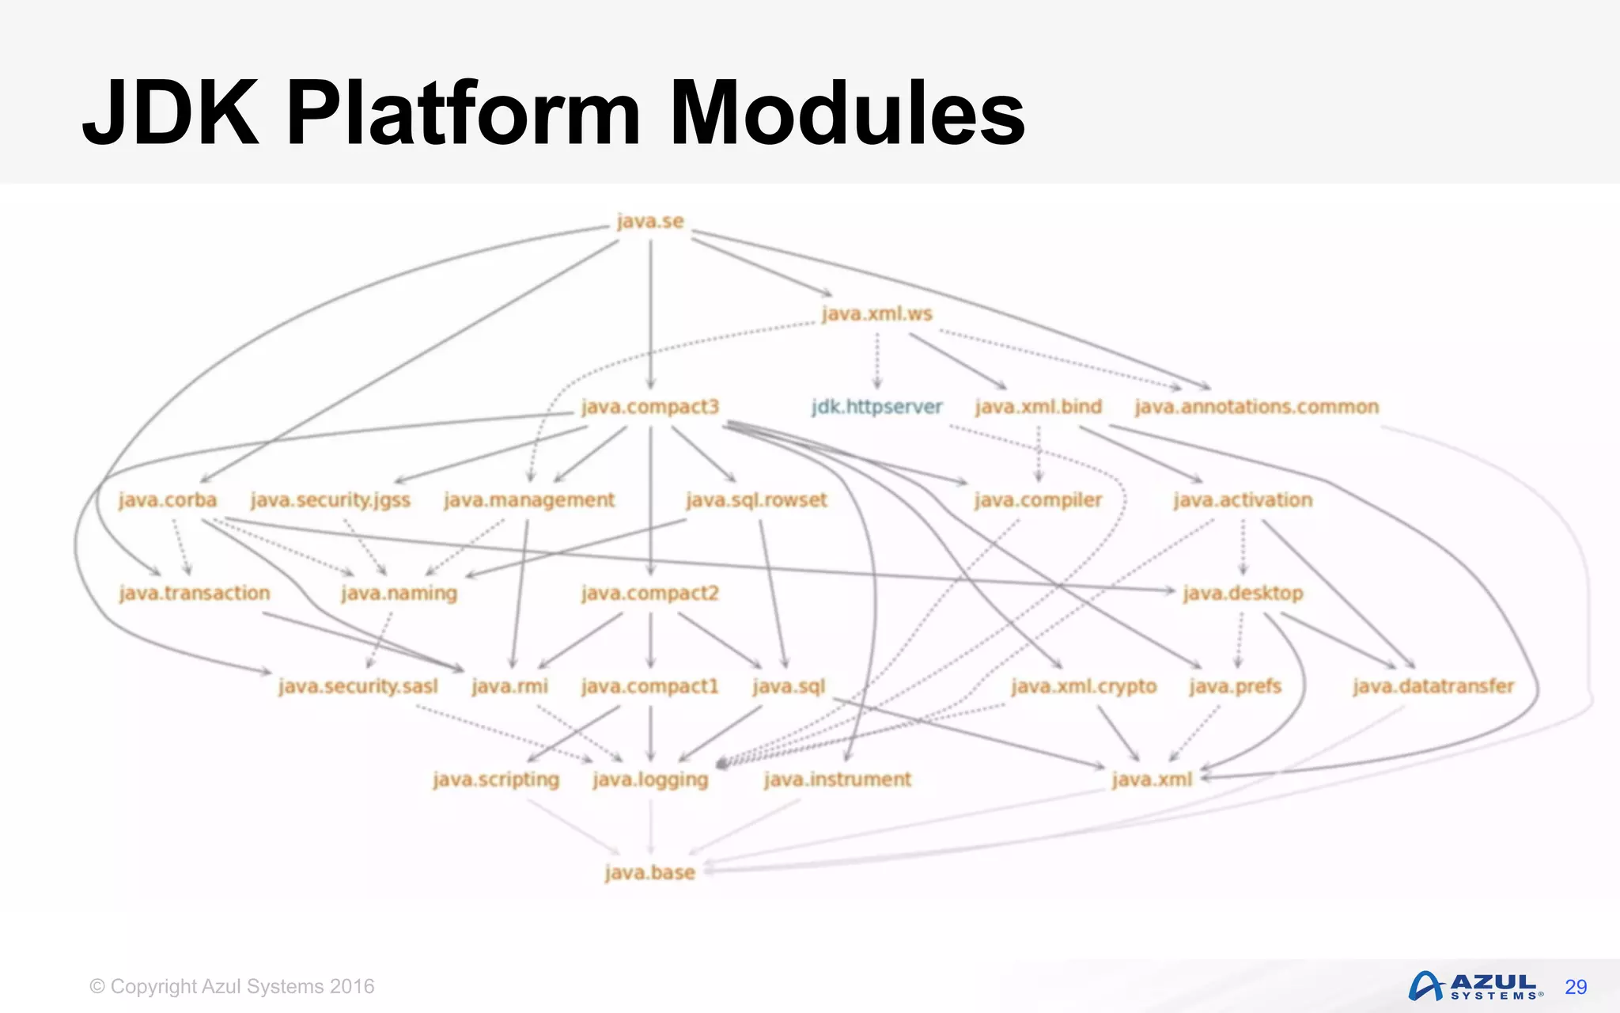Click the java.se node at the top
[x=650, y=222]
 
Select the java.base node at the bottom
[x=650, y=872]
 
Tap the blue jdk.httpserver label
[x=876, y=407]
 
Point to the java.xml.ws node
[x=876, y=314]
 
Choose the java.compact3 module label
[x=650, y=407]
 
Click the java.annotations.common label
[x=1256, y=407]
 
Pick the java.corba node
[x=168, y=500]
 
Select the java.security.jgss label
[x=331, y=500]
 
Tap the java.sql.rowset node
[x=756, y=500]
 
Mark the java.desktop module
[x=1243, y=593]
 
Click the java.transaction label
[x=195, y=593]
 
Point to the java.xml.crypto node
[x=1084, y=686]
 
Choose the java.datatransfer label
[x=1433, y=686]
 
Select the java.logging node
[x=650, y=780]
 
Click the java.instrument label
[x=838, y=780]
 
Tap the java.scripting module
[x=496, y=780]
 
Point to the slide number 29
[x=1576, y=987]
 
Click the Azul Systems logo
[x=1475, y=986]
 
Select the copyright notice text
[x=232, y=987]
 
